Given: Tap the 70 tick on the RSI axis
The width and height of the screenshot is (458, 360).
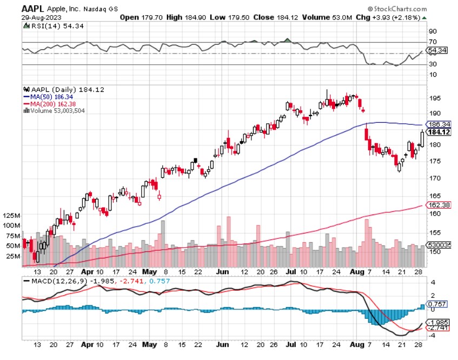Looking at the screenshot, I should coord(433,42).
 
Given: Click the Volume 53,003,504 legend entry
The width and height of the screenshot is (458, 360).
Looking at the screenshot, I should coord(58,110).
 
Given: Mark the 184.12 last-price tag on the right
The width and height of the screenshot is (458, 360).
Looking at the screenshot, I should coord(439,132).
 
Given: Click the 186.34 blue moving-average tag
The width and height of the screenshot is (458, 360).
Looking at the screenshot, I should coord(439,124).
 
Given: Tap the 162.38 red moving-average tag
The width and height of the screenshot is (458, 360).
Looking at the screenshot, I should coord(439,205).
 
